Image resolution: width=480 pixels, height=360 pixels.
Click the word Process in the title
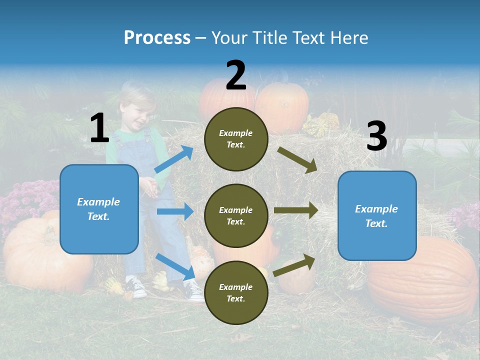(x=157, y=37)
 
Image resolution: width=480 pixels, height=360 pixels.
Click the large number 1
(x=99, y=128)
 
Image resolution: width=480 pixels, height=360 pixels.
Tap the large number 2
(x=236, y=75)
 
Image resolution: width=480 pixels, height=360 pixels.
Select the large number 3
(x=376, y=136)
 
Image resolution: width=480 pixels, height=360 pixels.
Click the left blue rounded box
(x=99, y=209)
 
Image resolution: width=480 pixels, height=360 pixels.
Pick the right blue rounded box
(x=377, y=215)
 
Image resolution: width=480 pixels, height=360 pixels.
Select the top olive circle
(x=236, y=139)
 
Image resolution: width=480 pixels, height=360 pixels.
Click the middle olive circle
(x=236, y=215)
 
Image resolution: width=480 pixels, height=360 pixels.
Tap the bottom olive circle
(x=236, y=292)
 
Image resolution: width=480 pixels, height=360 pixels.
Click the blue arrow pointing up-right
(x=174, y=159)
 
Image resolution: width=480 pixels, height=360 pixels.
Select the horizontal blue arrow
(x=175, y=211)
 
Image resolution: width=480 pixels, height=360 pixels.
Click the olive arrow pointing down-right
(x=297, y=159)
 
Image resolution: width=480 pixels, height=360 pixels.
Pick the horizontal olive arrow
(x=295, y=210)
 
